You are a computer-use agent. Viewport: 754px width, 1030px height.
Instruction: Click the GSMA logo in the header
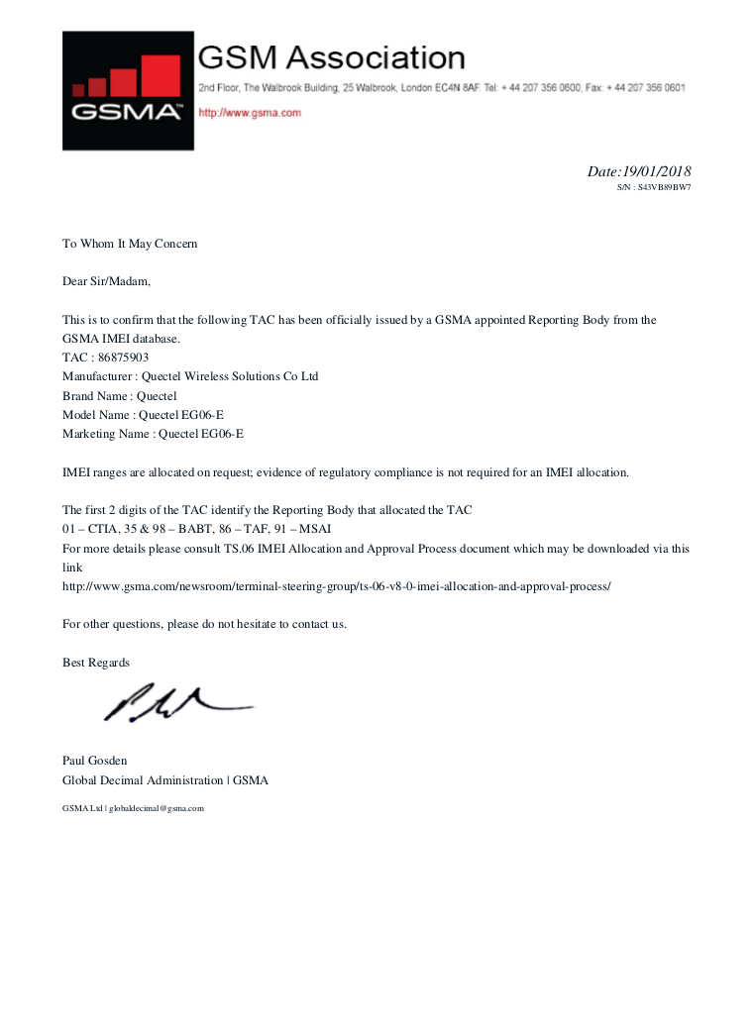(128, 90)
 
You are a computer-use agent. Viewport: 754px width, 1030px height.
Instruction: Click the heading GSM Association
(332, 57)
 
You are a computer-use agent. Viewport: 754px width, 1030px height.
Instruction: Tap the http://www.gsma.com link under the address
(250, 113)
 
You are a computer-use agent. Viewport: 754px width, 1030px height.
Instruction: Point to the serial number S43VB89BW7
(664, 186)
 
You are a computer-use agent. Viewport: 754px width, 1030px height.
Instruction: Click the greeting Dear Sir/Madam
(107, 281)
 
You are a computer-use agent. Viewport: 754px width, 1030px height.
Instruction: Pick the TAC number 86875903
(124, 358)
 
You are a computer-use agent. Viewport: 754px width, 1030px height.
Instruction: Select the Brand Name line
(120, 395)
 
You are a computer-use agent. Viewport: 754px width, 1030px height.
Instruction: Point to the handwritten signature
(176, 702)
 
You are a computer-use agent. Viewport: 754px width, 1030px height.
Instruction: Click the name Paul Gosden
(95, 761)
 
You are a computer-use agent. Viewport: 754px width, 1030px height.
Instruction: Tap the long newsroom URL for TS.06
(337, 585)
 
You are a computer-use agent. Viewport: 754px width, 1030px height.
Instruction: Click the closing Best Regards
(96, 662)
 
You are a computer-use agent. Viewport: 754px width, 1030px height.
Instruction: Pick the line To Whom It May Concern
(130, 244)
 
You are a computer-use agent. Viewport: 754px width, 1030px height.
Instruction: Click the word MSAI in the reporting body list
(316, 529)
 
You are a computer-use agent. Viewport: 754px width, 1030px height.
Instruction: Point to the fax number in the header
(645, 88)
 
